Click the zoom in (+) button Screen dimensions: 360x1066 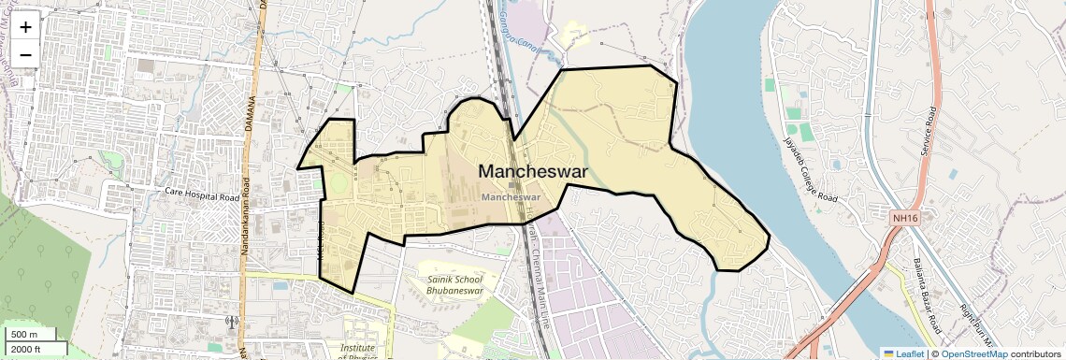pos(25,27)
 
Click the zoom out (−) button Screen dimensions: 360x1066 pos(25,54)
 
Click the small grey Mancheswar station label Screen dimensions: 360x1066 pos(511,197)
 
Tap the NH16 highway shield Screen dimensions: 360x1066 pos(902,216)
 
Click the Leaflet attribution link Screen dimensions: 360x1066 pos(903,353)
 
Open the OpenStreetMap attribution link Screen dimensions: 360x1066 pos(973,353)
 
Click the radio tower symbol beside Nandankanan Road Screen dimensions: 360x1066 pos(232,323)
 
